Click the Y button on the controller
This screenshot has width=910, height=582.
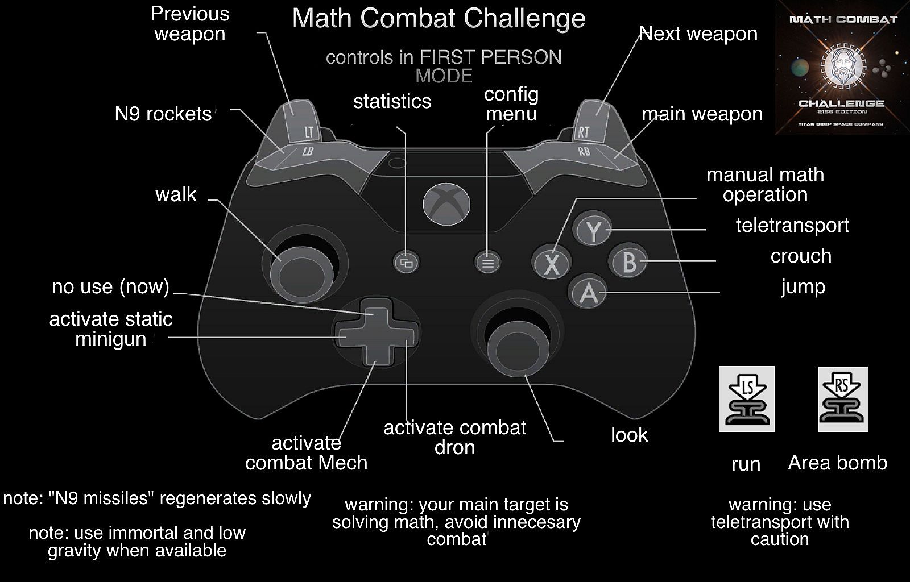593,231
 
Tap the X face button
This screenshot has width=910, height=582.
551,263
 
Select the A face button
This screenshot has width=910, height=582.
588,292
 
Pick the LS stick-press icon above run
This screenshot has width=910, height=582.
746,398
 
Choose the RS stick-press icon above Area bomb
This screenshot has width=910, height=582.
843,398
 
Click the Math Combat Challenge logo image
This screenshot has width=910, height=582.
842,68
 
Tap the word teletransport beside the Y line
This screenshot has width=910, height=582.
792,226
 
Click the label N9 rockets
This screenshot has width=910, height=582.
163,114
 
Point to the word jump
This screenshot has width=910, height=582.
803,287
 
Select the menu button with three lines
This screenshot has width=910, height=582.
487,263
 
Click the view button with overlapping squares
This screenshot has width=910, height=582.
407,263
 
